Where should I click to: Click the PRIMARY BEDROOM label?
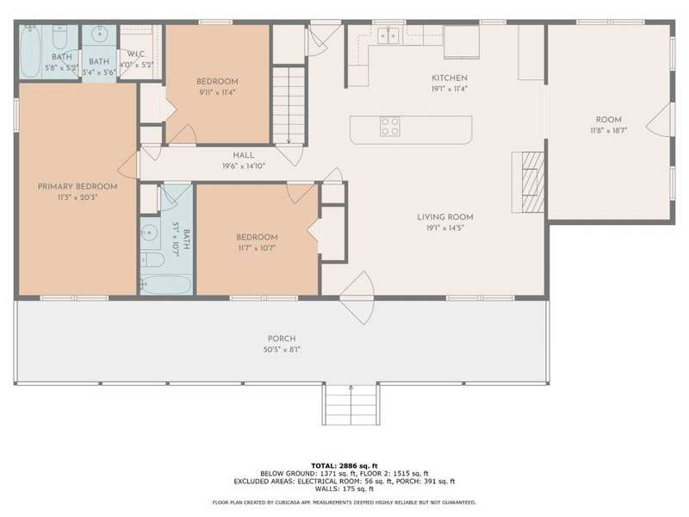click(78, 186)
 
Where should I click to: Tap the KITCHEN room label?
click(449, 78)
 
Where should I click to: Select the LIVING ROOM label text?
click(444, 217)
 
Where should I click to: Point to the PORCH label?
click(282, 339)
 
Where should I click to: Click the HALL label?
click(244, 155)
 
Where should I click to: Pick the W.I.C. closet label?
click(136, 53)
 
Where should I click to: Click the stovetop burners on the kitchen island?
click(390, 127)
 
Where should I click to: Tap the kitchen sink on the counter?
click(388, 35)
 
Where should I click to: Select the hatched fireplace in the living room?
click(532, 182)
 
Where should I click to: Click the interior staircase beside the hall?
click(289, 104)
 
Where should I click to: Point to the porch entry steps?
click(351, 404)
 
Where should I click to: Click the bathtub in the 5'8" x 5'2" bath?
click(30, 52)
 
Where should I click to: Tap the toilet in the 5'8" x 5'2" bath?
click(59, 37)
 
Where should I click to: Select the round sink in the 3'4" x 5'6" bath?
click(100, 33)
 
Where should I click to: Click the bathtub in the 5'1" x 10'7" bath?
click(165, 284)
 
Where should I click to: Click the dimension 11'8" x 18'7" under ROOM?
click(609, 130)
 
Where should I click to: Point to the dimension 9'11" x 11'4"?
click(217, 92)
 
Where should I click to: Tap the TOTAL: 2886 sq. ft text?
click(344, 465)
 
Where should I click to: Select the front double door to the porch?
click(357, 297)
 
